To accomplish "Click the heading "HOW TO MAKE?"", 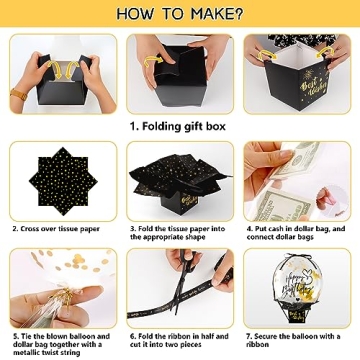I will (x=179, y=14).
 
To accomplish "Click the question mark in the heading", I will (x=236, y=14).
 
